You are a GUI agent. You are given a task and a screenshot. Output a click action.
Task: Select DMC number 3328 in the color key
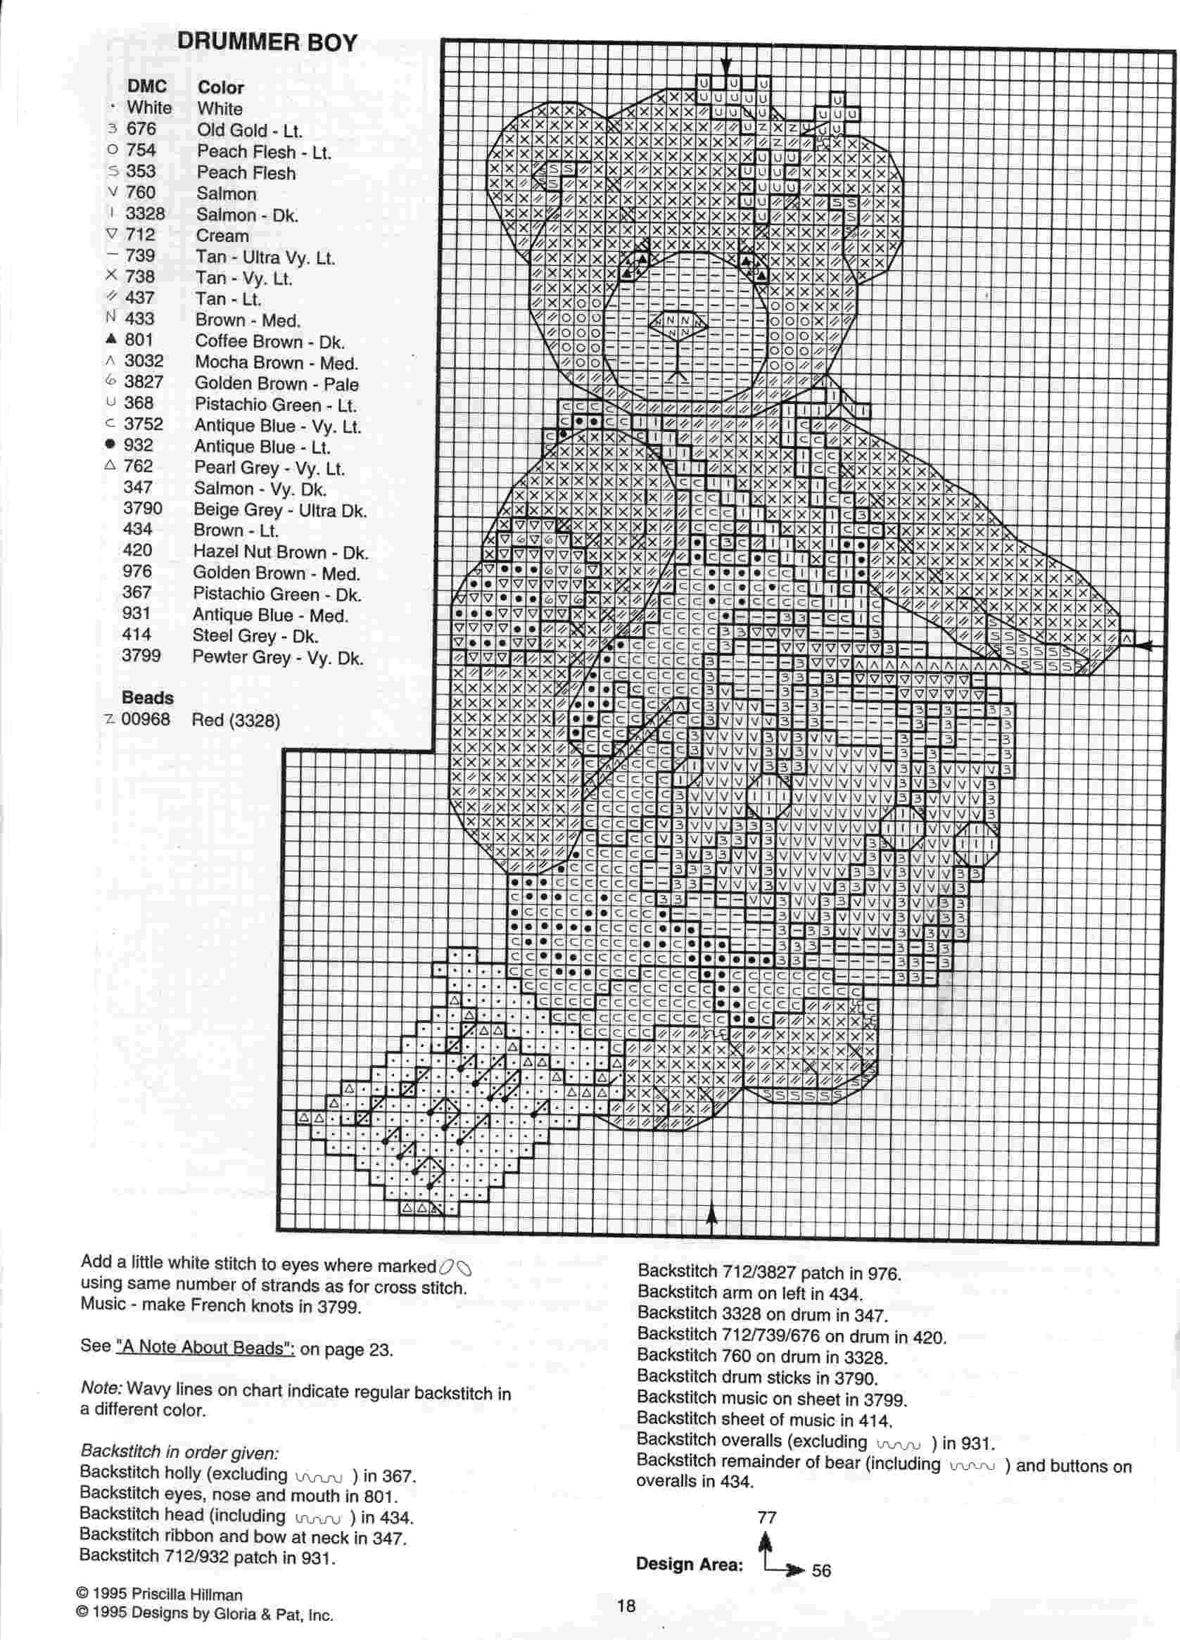tap(145, 214)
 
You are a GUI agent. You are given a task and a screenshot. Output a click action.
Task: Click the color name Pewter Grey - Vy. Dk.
tap(278, 657)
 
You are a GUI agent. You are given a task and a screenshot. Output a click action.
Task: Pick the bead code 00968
tap(146, 720)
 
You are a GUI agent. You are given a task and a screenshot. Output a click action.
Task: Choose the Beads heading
tap(148, 698)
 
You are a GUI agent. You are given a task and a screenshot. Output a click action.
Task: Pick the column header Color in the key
tap(220, 87)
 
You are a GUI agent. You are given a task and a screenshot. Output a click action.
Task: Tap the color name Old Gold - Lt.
tap(250, 131)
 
